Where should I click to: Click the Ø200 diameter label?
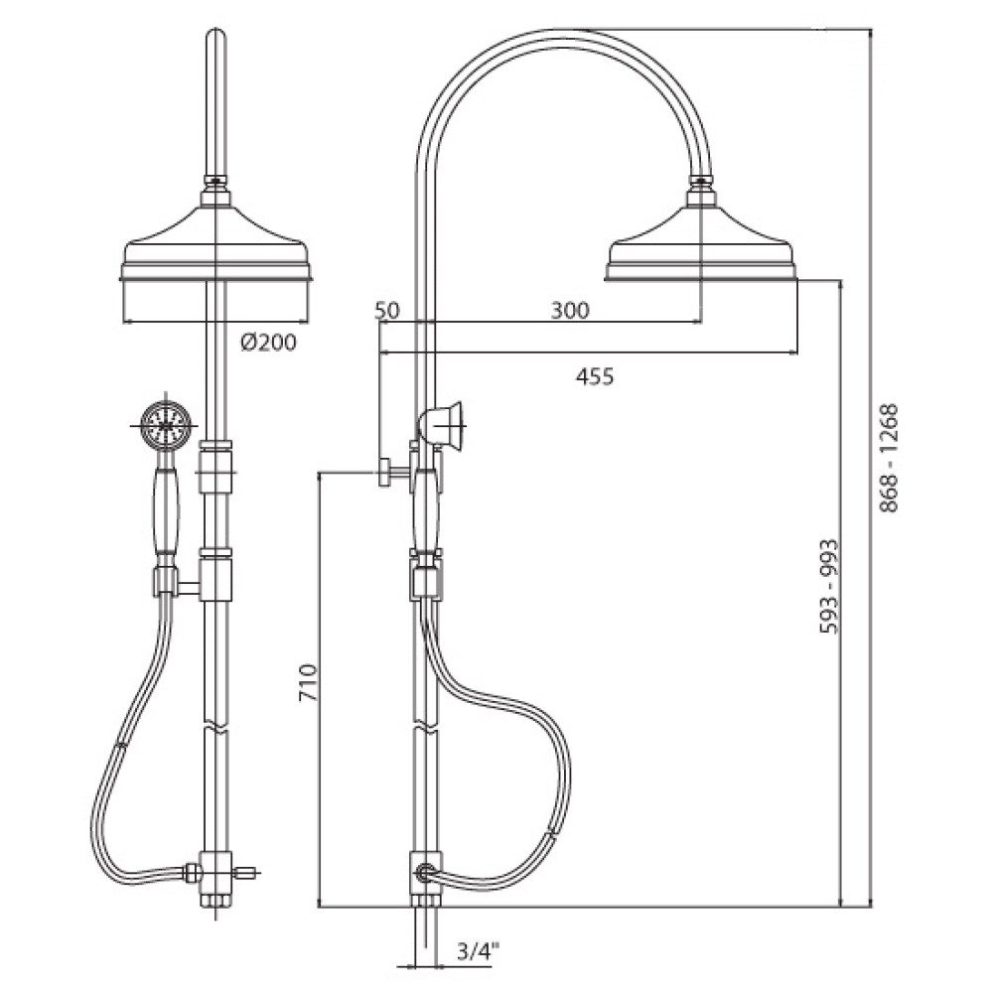268,343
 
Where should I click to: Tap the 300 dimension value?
570,310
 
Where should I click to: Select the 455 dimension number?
595,376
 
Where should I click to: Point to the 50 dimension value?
387,310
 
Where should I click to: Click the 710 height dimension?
309,682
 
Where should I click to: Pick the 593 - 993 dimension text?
829,586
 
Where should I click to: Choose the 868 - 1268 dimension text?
889,458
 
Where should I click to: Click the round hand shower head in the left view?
165,425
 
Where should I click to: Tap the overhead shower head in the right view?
700,235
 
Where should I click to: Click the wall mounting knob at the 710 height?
385,473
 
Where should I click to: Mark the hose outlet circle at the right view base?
424,873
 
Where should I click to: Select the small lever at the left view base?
244,873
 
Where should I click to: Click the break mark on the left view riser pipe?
215,727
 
